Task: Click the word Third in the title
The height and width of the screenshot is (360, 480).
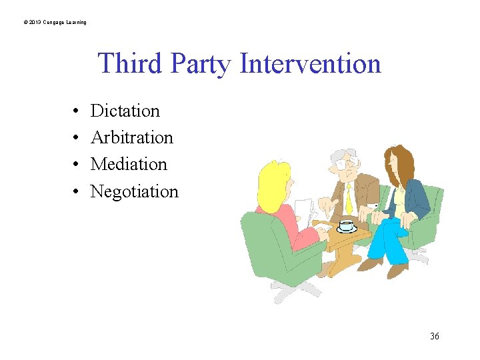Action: coord(131,64)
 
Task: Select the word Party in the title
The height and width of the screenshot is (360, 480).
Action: coord(199,64)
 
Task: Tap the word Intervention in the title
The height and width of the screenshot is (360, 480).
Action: coord(310,64)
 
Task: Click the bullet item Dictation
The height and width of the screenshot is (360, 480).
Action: coord(125,111)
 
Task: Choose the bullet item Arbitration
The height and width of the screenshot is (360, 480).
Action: coord(131,137)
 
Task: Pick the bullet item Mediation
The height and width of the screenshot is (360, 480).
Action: coord(129,164)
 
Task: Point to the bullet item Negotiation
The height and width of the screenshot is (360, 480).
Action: coord(134,191)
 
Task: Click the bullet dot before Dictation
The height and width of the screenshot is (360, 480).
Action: coord(77,111)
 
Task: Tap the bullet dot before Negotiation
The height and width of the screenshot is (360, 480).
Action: coord(77,192)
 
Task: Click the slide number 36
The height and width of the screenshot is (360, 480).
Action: coord(435,336)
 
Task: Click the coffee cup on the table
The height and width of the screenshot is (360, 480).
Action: coord(346,225)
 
